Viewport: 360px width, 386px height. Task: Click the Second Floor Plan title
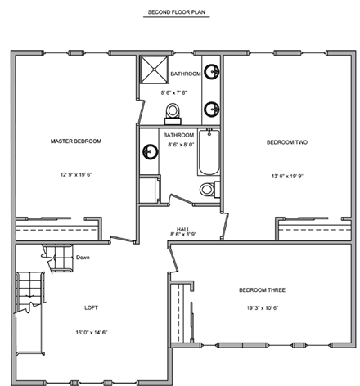(179, 13)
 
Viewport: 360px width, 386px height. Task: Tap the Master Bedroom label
(75, 141)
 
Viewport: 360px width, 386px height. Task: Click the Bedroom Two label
(287, 142)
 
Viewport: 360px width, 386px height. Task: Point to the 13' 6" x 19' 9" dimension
(287, 175)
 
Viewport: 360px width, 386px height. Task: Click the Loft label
(92, 308)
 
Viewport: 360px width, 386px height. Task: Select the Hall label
(184, 228)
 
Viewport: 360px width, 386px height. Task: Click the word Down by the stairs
(83, 258)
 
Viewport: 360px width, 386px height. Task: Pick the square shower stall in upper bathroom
(151, 70)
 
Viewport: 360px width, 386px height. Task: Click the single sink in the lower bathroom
(150, 152)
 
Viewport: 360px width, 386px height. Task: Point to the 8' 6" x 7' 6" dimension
(178, 93)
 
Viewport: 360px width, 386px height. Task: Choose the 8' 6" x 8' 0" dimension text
(178, 145)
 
